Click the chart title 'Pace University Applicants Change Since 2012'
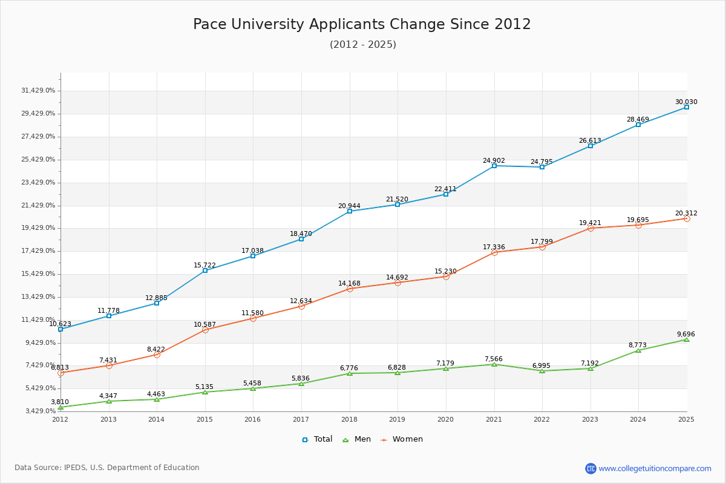(362, 24)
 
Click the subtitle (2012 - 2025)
(362, 45)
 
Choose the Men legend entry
(358, 439)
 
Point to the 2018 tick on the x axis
(349, 419)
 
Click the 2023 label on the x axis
(590, 419)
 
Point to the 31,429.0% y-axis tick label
(38, 91)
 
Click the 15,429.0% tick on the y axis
(38, 274)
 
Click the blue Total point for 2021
(494, 166)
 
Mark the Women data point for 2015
(205, 330)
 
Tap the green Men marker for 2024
(638, 351)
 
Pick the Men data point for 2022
(542, 371)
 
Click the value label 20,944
(349, 206)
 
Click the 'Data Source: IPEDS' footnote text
(107, 468)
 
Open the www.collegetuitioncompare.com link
(655, 468)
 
